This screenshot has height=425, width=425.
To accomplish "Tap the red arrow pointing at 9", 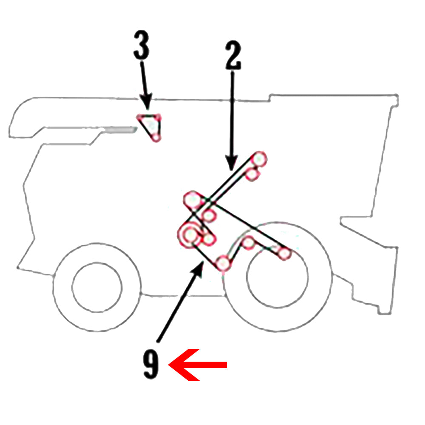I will pyautogui.click(x=198, y=365).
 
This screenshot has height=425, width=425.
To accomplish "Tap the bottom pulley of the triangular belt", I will pyautogui.click(x=156, y=137).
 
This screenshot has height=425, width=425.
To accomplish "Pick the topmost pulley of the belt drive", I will pyautogui.click(x=259, y=159).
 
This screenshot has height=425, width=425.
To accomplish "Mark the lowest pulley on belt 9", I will pyautogui.click(x=223, y=263).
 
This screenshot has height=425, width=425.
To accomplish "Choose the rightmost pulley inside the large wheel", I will pyautogui.click(x=284, y=254).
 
